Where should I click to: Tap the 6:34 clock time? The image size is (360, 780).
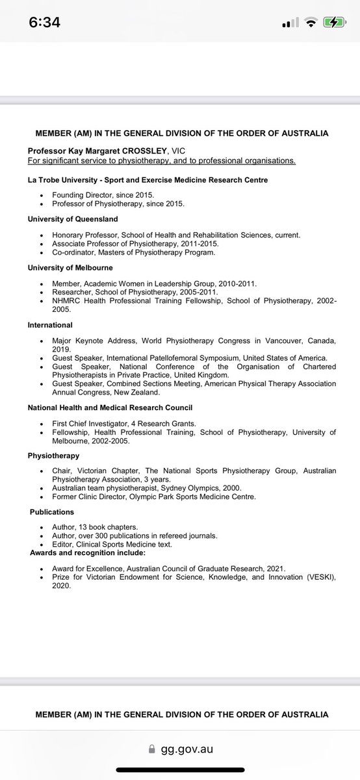(x=45, y=23)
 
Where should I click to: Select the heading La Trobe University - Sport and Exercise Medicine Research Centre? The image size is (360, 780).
(x=148, y=179)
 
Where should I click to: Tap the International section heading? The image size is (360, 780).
(x=50, y=324)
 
